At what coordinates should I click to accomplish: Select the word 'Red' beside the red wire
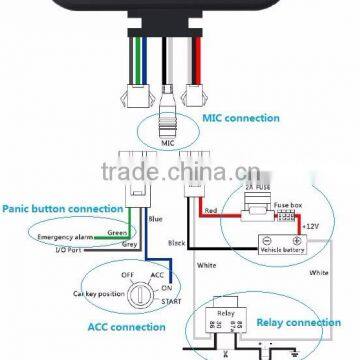(212, 212)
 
